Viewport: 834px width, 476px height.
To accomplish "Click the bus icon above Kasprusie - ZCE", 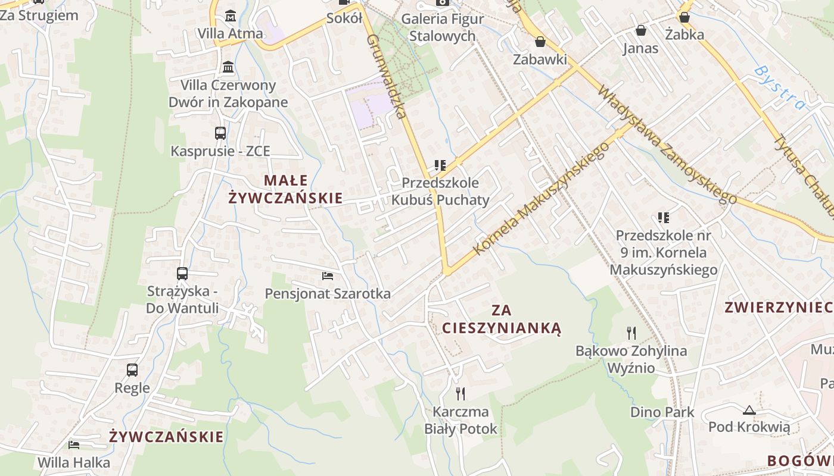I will [x=220, y=133].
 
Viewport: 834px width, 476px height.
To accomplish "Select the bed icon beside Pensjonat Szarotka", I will [x=327, y=275].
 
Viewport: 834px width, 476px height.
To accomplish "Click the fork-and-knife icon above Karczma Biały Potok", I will [x=460, y=393].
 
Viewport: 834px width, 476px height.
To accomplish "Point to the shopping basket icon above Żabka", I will [x=684, y=17].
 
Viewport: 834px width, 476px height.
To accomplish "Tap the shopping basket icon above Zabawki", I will [x=540, y=42].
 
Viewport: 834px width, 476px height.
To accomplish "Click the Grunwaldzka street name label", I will [x=387, y=76].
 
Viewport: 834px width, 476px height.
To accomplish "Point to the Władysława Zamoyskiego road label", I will [x=667, y=145].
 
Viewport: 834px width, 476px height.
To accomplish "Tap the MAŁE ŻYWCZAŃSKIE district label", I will [x=286, y=189].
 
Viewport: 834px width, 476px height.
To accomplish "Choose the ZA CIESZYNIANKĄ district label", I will [x=502, y=319].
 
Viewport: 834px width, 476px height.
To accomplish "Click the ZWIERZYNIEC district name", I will [x=778, y=308].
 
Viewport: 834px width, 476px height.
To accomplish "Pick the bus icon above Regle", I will [x=132, y=370].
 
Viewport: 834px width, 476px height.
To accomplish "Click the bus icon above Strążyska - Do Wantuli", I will [x=182, y=274].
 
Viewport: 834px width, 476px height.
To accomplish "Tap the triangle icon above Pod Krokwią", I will [x=749, y=409].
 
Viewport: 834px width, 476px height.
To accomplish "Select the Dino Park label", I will [x=662, y=412].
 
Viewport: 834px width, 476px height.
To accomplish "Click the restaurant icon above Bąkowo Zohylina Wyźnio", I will [x=631, y=333].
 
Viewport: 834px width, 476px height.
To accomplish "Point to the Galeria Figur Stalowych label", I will [x=438, y=27].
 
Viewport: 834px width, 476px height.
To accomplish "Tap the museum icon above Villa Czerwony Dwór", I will [x=228, y=67].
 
